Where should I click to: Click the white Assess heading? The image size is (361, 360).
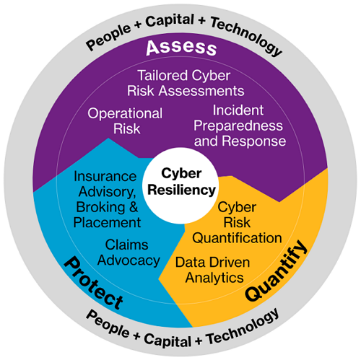click(181, 48)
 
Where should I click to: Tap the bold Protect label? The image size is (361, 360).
click(94, 283)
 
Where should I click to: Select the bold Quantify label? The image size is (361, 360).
click(276, 271)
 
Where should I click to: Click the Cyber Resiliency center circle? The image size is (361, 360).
click(180, 185)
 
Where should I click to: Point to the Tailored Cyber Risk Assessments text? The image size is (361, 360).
click(186, 83)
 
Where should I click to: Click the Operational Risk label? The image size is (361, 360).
click(125, 120)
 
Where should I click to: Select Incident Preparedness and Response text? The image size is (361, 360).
click(240, 126)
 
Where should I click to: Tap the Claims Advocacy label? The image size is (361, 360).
click(129, 253)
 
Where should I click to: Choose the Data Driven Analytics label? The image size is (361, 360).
click(213, 270)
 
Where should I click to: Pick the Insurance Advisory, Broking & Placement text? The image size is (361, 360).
click(106, 199)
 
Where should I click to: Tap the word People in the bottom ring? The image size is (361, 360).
click(108, 324)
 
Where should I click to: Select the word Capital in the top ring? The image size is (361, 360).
click(170, 20)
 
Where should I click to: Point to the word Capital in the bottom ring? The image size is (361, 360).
click(168, 340)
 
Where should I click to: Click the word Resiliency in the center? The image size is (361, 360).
click(181, 190)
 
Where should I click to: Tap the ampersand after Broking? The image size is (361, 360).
click(134, 207)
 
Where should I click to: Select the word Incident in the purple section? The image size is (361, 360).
click(238, 110)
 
